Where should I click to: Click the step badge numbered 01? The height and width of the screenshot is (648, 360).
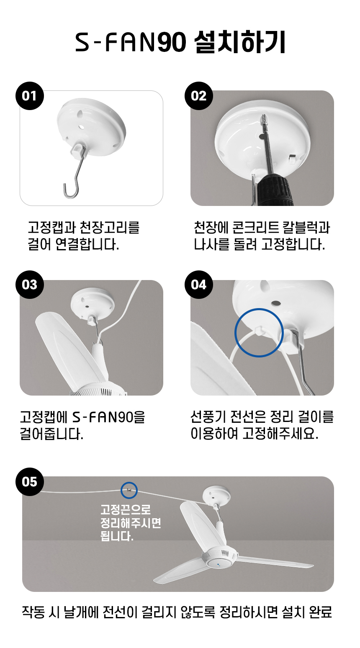click(30, 96)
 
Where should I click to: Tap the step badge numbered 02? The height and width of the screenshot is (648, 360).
click(198, 96)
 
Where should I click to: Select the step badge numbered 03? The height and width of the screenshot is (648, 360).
click(30, 285)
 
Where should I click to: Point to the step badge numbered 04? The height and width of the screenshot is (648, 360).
click(198, 285)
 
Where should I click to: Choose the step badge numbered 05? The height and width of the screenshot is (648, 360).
click(30, 482)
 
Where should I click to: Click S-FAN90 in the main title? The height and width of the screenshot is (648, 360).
click(131, 43)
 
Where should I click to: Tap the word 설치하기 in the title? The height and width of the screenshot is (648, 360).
click(240, 42)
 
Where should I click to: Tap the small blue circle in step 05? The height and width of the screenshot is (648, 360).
click(129, 490)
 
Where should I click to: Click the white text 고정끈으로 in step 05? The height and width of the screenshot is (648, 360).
click(126, 510)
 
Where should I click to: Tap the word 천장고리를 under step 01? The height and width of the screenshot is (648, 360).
click(109, 227)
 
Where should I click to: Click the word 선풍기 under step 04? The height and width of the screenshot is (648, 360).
click(208, 417)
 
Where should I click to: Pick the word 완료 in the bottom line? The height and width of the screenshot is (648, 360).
click(320, 612)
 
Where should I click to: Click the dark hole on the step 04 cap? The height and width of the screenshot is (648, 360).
click(276, 303)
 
